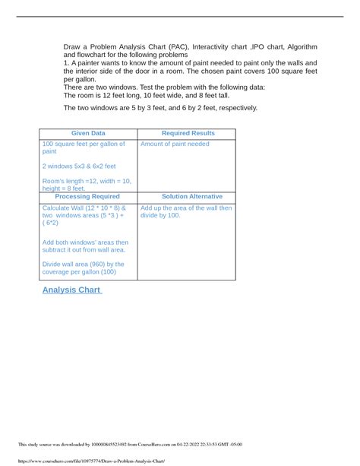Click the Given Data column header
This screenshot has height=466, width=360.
(x=88, y=134)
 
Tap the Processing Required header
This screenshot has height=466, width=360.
(x=88, y=196)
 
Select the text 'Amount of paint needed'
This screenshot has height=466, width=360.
(x=175, y=144)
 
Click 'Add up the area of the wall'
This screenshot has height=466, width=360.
(x=187, y=208)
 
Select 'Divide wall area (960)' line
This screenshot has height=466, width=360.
(x=84, y=265)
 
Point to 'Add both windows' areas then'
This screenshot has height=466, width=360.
(x=86, y=243)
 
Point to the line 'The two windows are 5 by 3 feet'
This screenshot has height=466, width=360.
(x=160, y=108)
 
